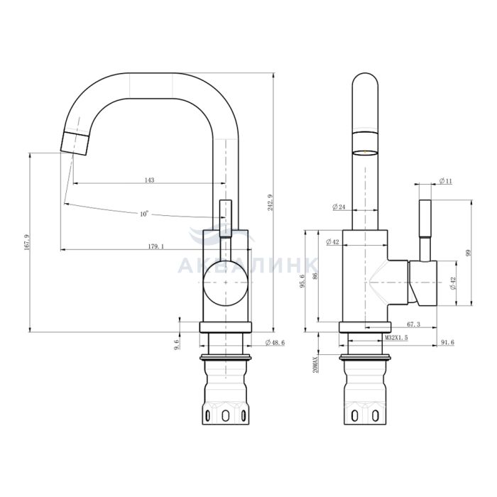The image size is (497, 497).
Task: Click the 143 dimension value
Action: [x=149, y=180]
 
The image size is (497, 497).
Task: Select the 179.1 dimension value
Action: [x=156, y=246]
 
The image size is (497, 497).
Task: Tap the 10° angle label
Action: [x=144, y=214]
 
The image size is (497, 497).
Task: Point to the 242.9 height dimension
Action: [x=270, y=202]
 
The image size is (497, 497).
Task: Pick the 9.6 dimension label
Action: [x=177, y=344]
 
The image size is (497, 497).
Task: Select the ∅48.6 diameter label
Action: [x=275, y=342]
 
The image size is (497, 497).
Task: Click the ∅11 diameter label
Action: [x=446, y=181]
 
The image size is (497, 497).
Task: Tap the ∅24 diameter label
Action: [x=339, y=207]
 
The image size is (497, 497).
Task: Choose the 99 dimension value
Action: [x=469, y=253]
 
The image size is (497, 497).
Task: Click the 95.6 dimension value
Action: [x=302, y=281]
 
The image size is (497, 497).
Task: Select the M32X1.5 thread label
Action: [x=396, y=337]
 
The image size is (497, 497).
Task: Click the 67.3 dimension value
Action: [x=413, y=324]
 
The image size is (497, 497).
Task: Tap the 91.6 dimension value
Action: [x=447, y=342]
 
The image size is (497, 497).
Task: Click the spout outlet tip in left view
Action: [x=74, y=143]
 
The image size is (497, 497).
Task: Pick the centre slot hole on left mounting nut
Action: [x=225, y=416]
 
